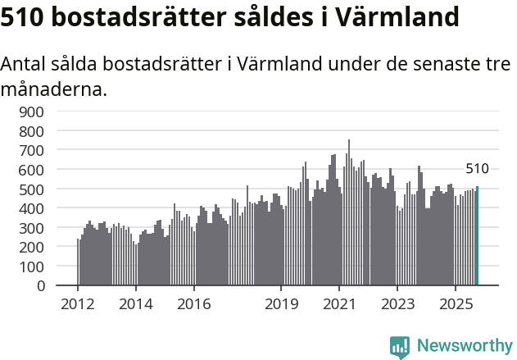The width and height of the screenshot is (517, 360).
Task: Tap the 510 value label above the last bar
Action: click(477, 169)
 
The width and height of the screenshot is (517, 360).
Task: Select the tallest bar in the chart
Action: click(349, 213)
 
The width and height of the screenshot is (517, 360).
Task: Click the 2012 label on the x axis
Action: click(78, 304)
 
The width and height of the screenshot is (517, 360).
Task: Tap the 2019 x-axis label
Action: click(281, 304)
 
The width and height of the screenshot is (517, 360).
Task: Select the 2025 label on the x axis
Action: click(456, 304)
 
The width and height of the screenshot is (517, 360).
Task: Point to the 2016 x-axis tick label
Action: click(193, 304)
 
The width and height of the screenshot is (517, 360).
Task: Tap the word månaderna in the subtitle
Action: click(54, 89)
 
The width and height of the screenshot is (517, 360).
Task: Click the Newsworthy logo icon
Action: click(400, 347)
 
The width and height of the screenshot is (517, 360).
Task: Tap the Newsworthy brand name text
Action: click(464, 347)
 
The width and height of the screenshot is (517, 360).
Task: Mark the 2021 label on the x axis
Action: click(339, 304)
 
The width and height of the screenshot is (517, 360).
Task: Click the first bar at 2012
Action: click(78, 262)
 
